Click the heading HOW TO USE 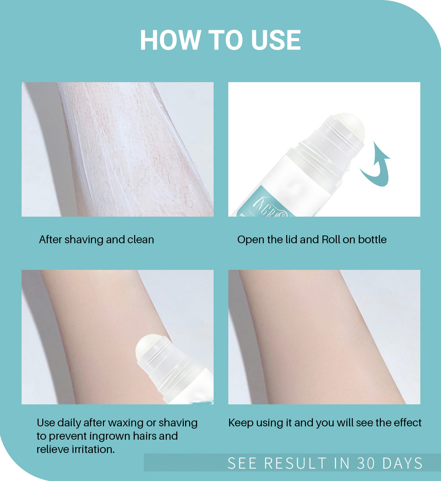coord(220,40)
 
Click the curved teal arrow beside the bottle coord(376,165)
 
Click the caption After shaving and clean coord(96,240)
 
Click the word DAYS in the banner coord(402,463)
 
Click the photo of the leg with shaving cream coord(117,149)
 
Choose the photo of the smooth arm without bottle coord(324,337)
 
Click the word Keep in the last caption coord(239,423)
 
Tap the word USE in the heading coord(276,40)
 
